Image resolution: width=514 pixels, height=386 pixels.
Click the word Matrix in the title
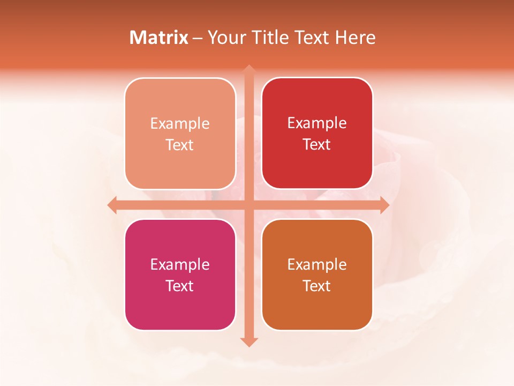[x=159, y=38]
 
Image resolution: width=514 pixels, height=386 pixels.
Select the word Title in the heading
[x=269, y=38]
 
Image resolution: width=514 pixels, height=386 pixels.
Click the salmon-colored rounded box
[x=180, y=133]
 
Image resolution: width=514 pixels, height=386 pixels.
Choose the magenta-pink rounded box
[x=180, y=274]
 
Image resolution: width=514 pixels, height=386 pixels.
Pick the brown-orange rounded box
[x=317, y=274]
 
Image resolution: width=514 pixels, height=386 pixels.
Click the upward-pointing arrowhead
[x=248, y=69]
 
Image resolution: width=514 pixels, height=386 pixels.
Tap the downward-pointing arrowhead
[x=248, y=342]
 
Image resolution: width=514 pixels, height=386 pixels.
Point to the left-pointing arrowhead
[x=112, y=205]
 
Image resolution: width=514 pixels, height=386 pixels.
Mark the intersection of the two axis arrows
[x=248, y=205]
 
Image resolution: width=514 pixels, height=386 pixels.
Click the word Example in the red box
[x=317, y=123]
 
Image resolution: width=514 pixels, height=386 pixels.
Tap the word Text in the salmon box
[x=180, y=145]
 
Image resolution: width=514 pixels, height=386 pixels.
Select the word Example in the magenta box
[x=180, y=264]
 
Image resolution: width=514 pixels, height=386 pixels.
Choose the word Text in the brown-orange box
[x=317, y=286]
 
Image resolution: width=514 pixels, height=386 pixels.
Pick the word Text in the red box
[x=317, y=144]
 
